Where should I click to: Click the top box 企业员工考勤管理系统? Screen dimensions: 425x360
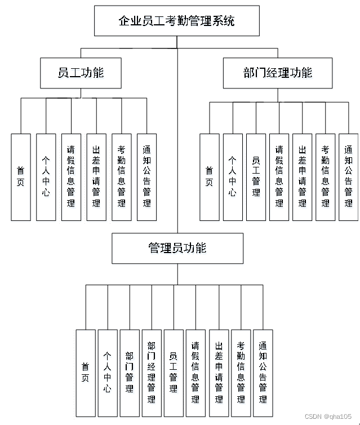coord(177,21)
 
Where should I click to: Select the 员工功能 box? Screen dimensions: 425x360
coord(81,73)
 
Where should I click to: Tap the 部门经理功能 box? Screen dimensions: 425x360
coord(277,73)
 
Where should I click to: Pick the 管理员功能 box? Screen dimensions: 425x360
coord(177,248)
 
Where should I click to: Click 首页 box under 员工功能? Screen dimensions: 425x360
coord(21,177)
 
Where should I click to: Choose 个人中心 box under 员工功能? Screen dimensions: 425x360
coord(46,177)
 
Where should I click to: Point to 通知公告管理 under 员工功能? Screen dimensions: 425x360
coord(146,177)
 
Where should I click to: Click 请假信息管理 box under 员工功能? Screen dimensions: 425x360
coord(71,177)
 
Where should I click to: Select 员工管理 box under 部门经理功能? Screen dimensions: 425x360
coord(256,177)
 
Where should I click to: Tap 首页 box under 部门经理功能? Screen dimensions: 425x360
coord(210,177)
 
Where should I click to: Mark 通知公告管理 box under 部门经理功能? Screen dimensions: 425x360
coord(348,177)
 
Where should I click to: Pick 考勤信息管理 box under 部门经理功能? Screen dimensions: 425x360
coord(325,177)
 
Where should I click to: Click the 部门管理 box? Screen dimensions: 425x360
coord(130,373)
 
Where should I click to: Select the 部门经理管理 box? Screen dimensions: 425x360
coord(152,373)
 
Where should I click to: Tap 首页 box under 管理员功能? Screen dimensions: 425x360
coord(86,373)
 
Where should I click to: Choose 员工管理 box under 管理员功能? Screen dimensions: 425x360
coord(174,373)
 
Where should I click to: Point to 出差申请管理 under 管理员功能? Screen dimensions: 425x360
coord(219,373)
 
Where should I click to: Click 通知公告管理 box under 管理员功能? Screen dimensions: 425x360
coord(263,373)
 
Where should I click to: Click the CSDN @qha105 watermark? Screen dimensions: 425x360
coord(328,417)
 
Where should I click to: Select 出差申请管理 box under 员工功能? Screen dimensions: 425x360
coord(96,177)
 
